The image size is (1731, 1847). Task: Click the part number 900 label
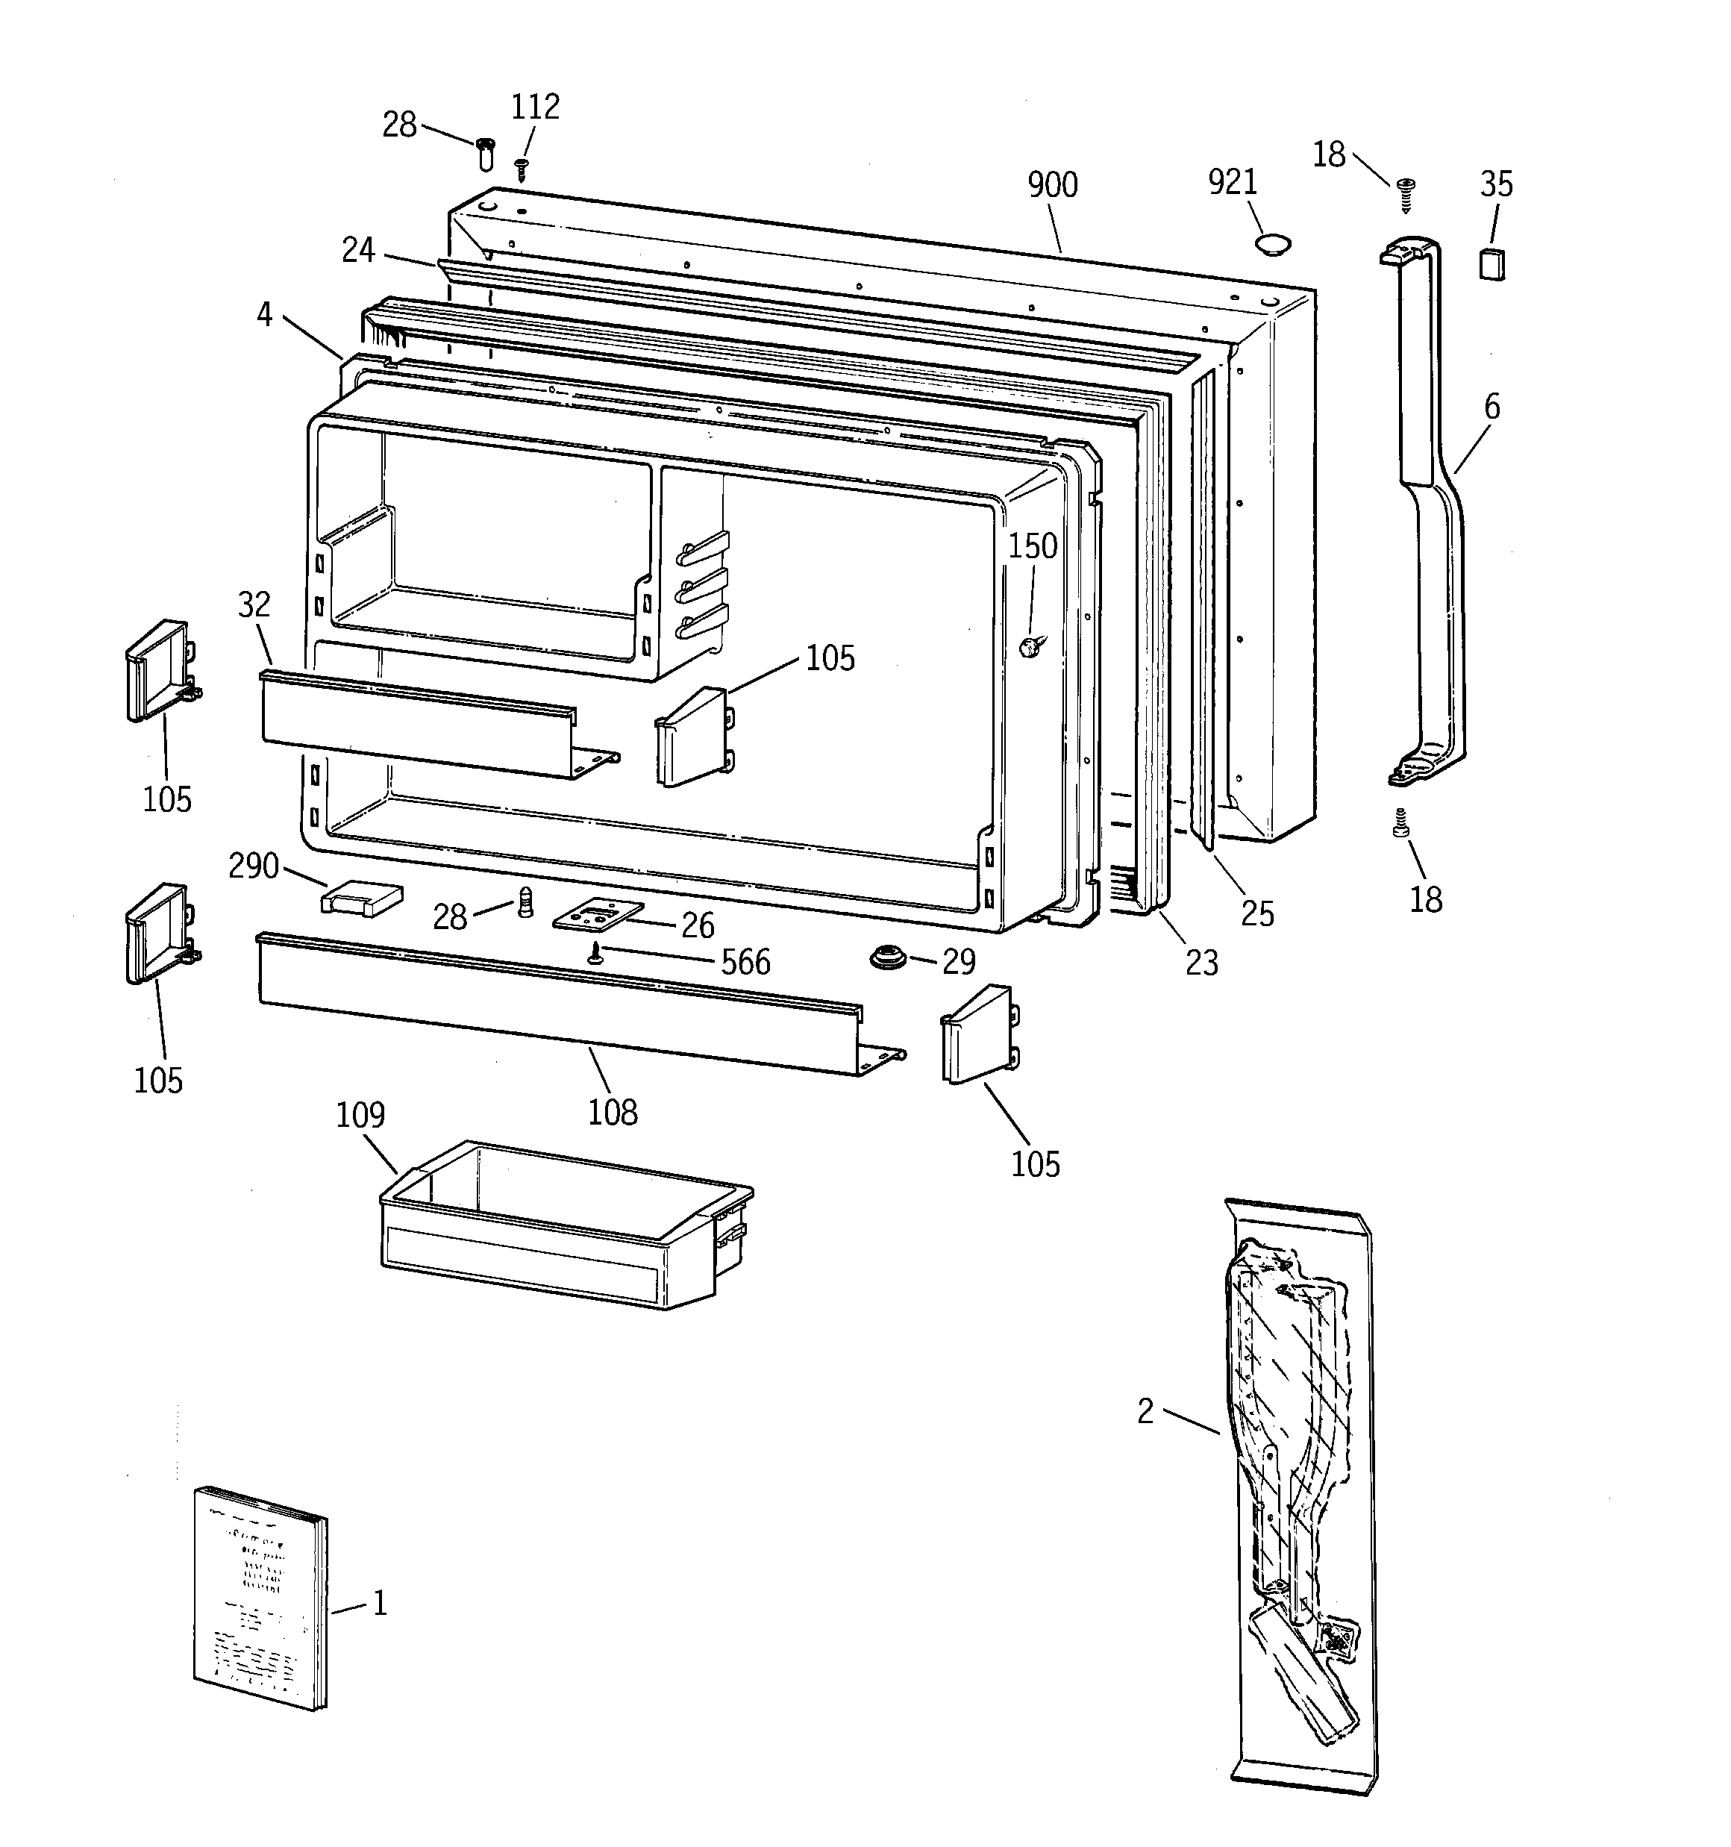(x=1052, y=185)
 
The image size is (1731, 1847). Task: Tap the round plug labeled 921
(x=1271, y=244)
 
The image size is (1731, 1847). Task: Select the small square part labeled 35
(x=1491, y=264)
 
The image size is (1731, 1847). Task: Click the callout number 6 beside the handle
(x=1491, y=406)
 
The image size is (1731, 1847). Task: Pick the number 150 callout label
(x=1033, y=546)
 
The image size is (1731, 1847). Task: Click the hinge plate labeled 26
(x=598, y=915)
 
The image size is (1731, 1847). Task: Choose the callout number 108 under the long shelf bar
(x=613, y=1111)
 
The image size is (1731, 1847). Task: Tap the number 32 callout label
(x=254, y=604)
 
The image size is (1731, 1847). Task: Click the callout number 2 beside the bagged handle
(x=1145, y=1412)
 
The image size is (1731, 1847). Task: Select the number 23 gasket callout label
(x=1201, y=963)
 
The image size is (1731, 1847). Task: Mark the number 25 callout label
(x=1257, y=914)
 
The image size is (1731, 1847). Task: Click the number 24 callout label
(x=357, y=250)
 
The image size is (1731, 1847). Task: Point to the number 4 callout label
(x=265, y=315)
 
